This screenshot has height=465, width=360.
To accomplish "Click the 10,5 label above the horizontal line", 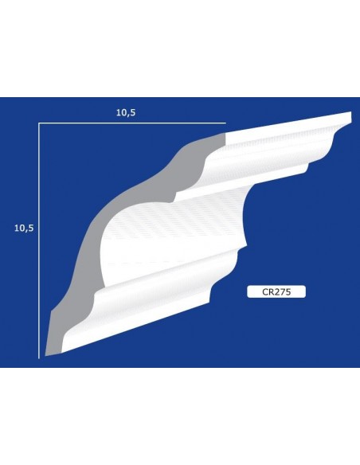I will [x=126, y=112].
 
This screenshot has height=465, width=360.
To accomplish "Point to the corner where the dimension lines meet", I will [x=39, y=123].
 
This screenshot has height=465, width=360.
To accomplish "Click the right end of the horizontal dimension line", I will [x=226, y=123].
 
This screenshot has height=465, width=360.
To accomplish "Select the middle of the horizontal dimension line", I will [x=132, y=123].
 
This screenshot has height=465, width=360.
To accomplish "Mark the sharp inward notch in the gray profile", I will [x=174, y=196].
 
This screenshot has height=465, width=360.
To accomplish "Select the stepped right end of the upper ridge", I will [x=308, y=166].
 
